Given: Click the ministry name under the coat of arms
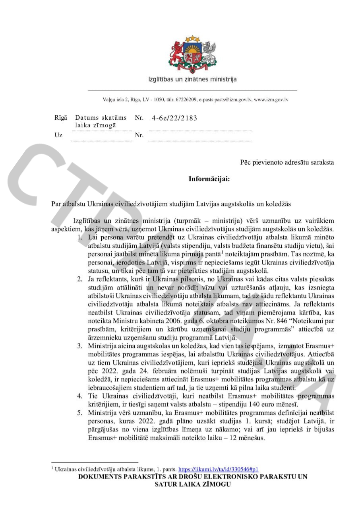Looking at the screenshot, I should click(192, 79).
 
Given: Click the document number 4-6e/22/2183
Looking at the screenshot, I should click(174, 118).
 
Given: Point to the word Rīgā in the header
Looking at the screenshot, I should click(61, 118).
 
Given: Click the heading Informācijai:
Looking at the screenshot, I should click(209, 179).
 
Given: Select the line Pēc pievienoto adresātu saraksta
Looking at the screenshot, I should click(287, 162).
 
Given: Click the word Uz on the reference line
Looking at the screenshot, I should click(58, 135).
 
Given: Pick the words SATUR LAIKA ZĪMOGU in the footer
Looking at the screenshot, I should click(193, 484).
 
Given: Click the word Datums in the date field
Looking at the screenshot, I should click(86, 118).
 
